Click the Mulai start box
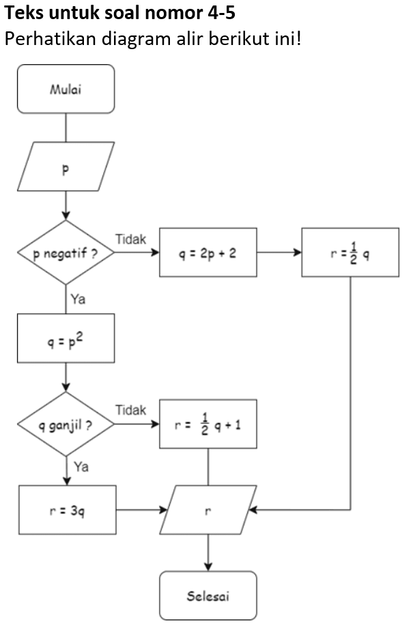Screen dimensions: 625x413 (66, 89)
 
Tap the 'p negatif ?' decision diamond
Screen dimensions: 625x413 (66, 252)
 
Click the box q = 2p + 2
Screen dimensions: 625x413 (208, 252)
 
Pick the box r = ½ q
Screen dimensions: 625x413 (350, 252)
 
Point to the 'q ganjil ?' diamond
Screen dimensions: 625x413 (66, 424)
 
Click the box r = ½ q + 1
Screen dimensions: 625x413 (208, 424)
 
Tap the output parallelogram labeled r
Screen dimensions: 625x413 (208, 510)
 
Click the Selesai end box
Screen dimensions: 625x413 (208, 596)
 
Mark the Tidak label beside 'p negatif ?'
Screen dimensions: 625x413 (130, 239)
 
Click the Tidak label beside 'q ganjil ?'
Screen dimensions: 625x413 (130, 411)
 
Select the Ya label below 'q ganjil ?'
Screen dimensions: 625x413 (81, 467)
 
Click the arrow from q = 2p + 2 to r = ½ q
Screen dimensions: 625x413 (279, 252)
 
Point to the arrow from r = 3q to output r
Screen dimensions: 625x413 (141, 510)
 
